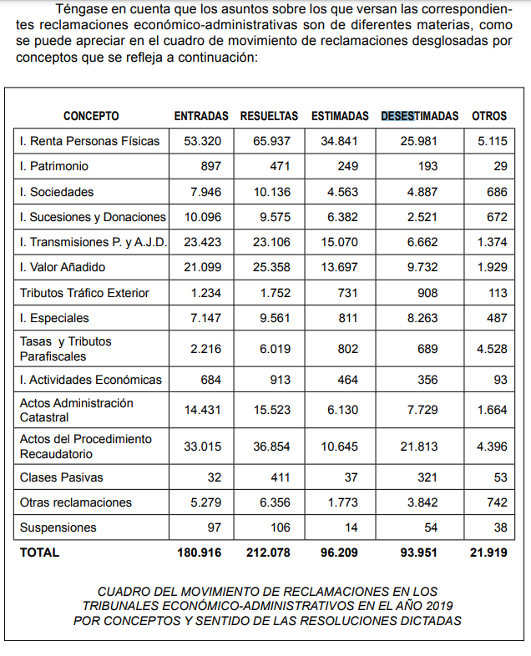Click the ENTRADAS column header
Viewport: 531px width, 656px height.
[201, 116]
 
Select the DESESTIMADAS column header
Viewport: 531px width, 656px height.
[420, 116]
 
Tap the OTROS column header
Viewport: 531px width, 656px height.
[489, 116]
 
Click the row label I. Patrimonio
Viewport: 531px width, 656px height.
[54, 166]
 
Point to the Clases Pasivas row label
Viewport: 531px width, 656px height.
[58, 478]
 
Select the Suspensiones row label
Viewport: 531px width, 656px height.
[58, 527]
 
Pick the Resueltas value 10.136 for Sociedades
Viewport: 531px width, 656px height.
[272, 192]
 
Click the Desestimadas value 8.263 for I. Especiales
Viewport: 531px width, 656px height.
[419, 318]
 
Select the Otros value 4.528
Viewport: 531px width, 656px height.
[492, 349]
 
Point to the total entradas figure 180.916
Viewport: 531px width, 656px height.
[199, 553]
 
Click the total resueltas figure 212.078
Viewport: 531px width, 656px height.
[269, 553]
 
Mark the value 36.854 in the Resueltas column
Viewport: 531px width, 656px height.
[272, 447]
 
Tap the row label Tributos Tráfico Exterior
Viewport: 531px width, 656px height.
[84, 293]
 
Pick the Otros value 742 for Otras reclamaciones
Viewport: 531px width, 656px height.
[496, 502]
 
